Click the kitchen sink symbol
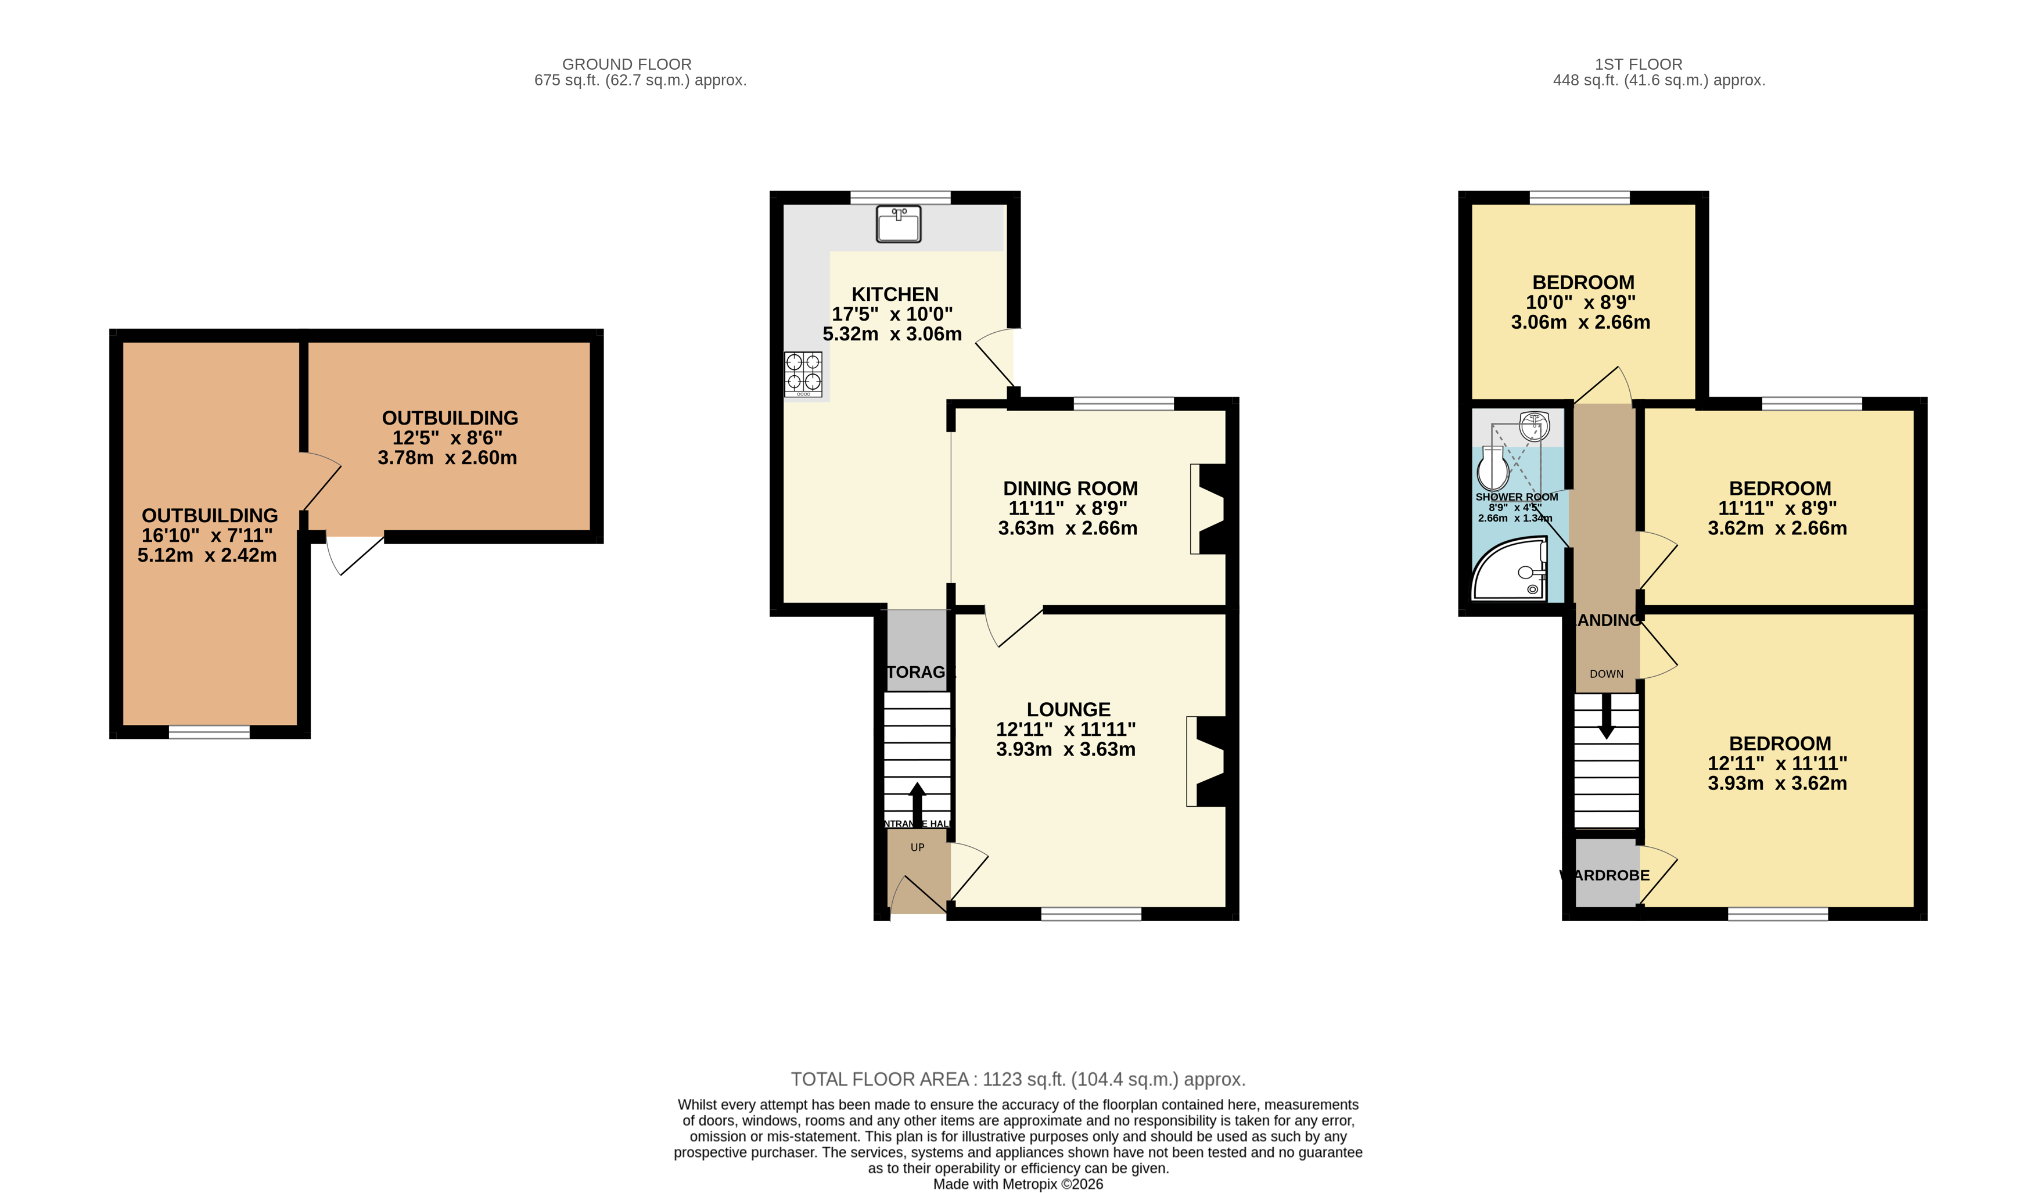tap(898, 224)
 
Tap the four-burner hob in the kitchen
tap(803, 373)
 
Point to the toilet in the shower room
tap(1492, 467)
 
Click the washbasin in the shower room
tap(1533, 425)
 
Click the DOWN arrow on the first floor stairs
tap(1606, 716)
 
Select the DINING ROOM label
tap(1069, 488)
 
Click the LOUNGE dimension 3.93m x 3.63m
tap(1065, 749)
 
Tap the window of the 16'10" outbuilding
tap(209, 732)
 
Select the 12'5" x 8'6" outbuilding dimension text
tap(447, 437)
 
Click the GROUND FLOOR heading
tap(627, 64)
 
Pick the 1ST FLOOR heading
tap(1638, 64)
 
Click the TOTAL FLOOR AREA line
tap(1018, 1079)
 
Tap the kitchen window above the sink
tap(900, 197)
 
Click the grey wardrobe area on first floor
tap(1606, 873)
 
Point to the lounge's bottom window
tap(1090, 914)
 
